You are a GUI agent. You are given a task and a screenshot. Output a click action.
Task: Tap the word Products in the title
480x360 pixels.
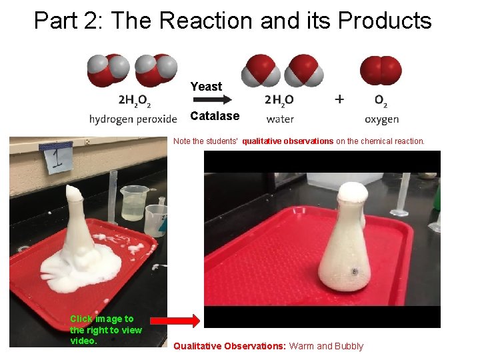click(x=385, y=21)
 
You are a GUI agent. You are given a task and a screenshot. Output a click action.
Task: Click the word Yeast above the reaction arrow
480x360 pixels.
click(x=206, y=87)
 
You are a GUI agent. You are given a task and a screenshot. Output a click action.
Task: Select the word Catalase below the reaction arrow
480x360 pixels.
click(x=215, y=116)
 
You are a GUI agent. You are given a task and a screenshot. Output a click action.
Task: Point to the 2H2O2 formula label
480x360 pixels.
click(x=134, y=101)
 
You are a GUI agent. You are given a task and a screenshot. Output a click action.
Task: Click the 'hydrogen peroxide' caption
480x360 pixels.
click(x=133, y=119)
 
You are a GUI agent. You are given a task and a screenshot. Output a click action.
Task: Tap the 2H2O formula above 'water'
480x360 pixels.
click(x=279, y=101)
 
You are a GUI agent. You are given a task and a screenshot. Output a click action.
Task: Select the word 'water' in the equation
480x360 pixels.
click(x=280, y=119)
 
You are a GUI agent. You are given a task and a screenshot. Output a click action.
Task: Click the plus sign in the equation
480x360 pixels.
click(x=340, y=99)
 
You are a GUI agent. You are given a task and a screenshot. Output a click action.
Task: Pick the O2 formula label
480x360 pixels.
click(x=381, y=101)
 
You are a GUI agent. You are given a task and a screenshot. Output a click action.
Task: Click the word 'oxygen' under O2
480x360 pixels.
click(x=382, y=120)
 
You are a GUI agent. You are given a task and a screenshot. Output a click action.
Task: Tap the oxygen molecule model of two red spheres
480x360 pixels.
click(x=381, y=70)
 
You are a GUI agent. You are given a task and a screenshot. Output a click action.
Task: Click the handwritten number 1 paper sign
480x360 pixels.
click(x=56, y=159)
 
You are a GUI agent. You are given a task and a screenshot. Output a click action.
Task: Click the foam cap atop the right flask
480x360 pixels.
click(x=352, y=194)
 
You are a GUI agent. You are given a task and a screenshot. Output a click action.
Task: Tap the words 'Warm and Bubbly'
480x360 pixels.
click(x=326, y=346)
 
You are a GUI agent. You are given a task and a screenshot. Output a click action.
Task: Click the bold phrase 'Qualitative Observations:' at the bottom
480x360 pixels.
click(x=230, y=346)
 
